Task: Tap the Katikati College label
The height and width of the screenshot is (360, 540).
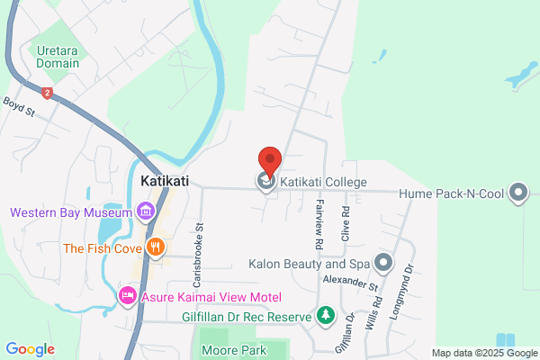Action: click(323, 183)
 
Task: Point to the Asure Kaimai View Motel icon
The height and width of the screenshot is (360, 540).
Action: click(128, 296)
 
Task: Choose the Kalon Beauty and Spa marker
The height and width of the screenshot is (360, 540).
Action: click(384, 264)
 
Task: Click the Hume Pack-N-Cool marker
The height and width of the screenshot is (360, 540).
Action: click(517, 192)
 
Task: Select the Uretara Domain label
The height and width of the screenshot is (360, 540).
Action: click(58, 58)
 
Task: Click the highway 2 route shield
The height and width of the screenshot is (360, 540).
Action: click(47, 93)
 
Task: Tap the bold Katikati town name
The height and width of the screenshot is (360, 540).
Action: click(165, 182)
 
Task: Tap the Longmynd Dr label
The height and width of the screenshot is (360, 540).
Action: click(410, 281)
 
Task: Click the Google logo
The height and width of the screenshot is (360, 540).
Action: click(30, 348)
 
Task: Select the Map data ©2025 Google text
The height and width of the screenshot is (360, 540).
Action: click(483, 352)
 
